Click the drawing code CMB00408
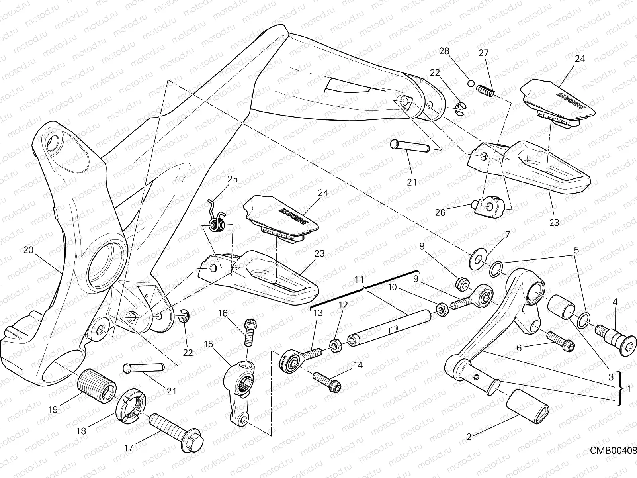[613, 449]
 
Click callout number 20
[27, 250]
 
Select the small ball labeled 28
[470, 84]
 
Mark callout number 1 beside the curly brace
[629, 389]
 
